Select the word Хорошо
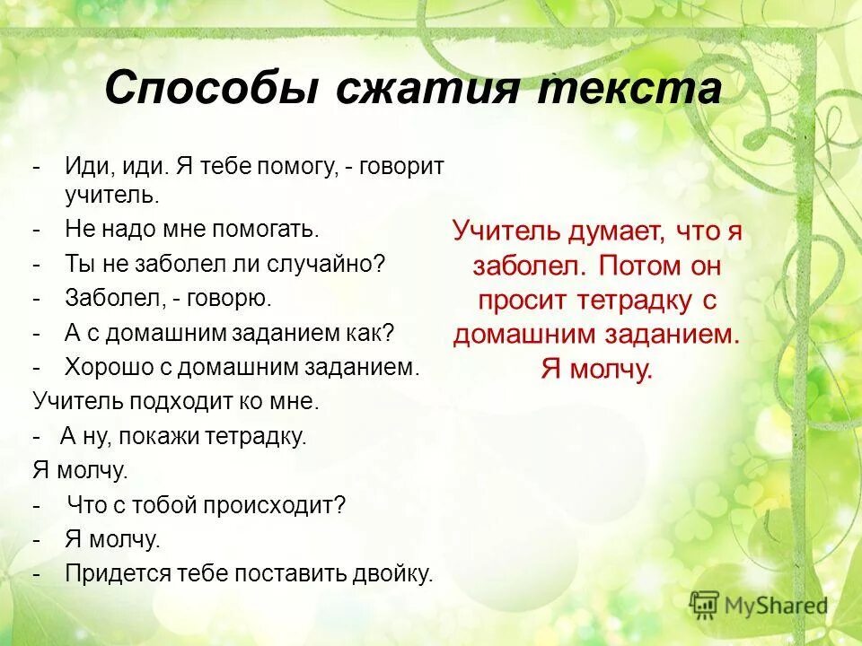(x=112, y=367)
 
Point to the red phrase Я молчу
(x=597, y=369)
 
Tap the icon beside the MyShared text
(x=704, y=605)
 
